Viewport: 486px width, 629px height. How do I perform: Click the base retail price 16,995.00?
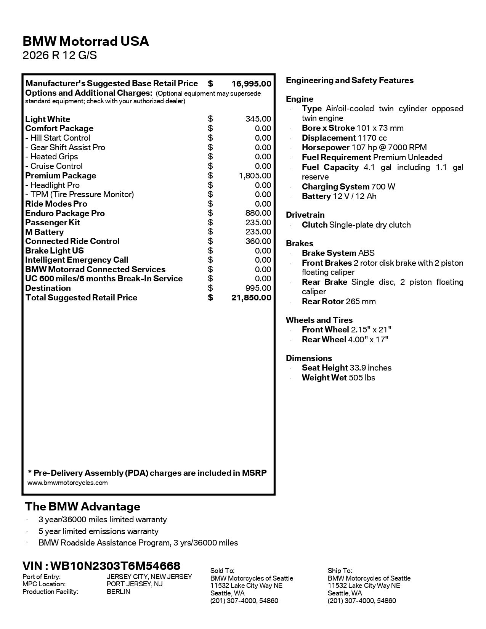[251, 83]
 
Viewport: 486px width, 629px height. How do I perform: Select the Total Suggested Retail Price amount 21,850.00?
[251, 298]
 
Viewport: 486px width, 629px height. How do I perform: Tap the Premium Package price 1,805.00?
[255, 176]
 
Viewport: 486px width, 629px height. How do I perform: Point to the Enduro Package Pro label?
[65, 213]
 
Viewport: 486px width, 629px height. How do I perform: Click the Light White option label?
[48, 119]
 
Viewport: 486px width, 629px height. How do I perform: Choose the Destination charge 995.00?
[258, 288]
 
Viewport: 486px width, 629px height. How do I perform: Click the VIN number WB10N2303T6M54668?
[115, 566]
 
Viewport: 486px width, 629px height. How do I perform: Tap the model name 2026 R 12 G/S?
[60, 56]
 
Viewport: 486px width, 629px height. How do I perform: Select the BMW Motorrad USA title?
[86, 41]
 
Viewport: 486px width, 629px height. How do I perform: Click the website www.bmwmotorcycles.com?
[67, 483]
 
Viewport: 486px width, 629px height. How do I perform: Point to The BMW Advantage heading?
[82, 507]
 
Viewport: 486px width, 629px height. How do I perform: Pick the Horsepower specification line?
[364, 148]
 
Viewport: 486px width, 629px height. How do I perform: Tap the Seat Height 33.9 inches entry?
[346, 368]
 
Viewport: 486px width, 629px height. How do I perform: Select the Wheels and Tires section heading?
[319, 320]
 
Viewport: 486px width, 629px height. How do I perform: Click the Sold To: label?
[222, 571]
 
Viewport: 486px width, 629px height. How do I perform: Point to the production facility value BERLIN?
[118, 592]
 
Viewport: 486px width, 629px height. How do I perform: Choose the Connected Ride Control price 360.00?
[258, 241]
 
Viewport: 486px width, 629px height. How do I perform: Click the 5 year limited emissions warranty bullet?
[98, 531]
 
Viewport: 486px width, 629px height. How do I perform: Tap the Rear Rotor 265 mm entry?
[338, 302]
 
